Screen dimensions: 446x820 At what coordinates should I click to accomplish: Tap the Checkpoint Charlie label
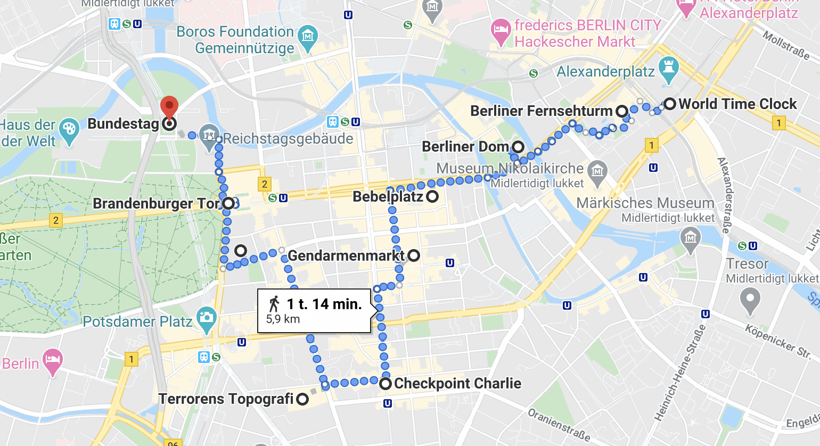(457, 383)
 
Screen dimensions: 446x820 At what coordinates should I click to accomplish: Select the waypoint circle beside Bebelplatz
(432, 196)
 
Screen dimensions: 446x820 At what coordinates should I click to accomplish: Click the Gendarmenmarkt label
(346, 255)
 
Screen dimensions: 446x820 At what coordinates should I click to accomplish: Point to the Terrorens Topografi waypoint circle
(302, 399)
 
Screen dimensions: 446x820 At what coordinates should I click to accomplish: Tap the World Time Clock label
(737, 104)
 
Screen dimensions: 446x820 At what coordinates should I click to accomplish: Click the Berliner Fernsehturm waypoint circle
(621, 111)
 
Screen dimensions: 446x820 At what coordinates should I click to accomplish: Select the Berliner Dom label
(465, 146)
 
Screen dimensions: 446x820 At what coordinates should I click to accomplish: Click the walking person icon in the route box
(274, 304)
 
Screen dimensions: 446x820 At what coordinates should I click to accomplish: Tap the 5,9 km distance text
(283, 319)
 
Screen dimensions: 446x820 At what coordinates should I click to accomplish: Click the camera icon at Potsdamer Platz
(206, 318)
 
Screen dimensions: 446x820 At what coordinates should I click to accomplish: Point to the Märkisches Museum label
(645, 203)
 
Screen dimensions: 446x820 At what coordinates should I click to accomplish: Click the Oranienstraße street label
(559, 424)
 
